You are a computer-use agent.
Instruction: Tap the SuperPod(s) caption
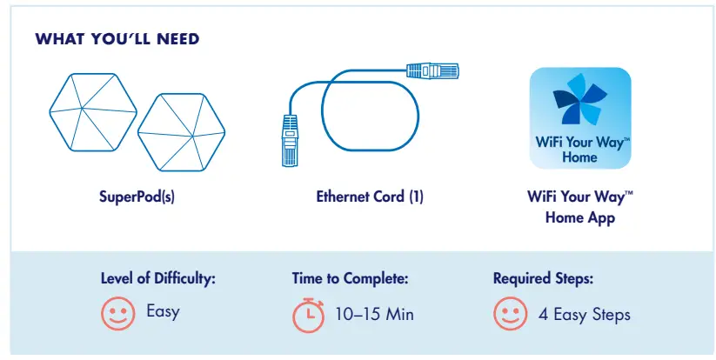[x=137, y=197]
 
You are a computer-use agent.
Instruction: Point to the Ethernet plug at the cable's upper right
[x=431, y=69]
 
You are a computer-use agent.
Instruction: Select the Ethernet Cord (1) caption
[x=370, y=197]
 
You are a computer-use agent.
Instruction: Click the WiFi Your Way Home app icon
[x=580, y=118]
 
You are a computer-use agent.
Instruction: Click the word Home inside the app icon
[x=579, y=157]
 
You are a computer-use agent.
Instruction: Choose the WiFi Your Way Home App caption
[x=580, y=207]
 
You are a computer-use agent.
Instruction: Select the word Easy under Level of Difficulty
[x=163, y=311]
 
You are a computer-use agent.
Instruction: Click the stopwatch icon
[x=307, y=315]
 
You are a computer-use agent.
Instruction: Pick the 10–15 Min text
[x=374, y=314]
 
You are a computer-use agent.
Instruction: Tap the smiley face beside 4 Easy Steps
[x=509, y=313]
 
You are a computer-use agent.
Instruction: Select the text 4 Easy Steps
[x=584, y=314]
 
